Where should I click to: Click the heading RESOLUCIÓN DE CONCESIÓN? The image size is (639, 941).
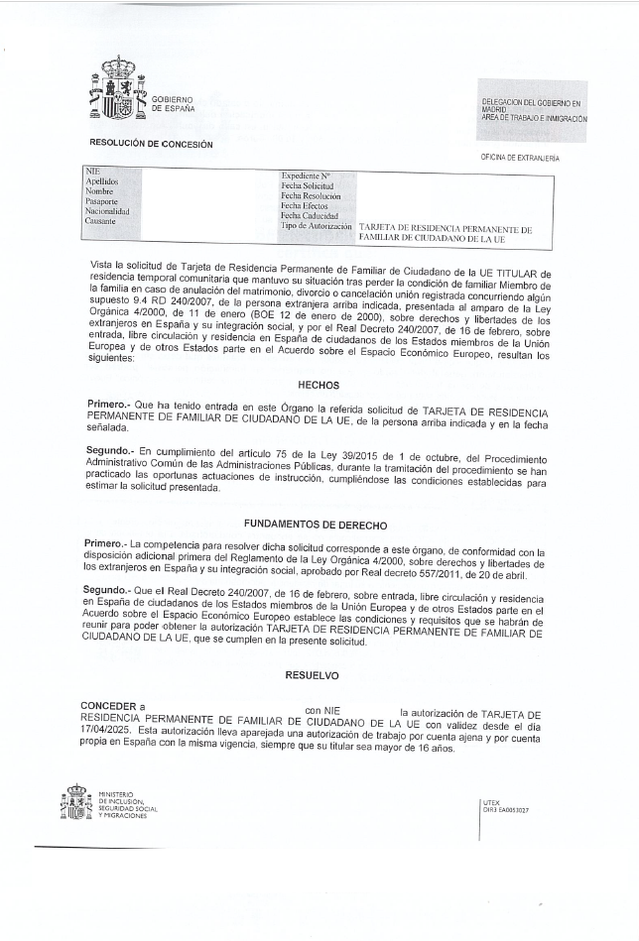151,144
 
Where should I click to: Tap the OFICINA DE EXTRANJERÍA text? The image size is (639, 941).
520,158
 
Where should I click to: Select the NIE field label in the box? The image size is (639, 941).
93,172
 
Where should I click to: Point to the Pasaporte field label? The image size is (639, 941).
103,201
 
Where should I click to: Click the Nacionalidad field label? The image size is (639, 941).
108,211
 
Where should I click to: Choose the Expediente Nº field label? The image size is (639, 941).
305,176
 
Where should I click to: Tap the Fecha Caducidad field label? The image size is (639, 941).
310,215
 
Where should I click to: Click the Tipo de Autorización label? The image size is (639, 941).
317,226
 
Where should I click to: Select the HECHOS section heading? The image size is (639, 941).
319,385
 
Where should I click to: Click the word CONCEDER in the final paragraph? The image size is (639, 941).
109,705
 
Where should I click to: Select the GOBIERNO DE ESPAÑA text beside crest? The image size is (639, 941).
173,103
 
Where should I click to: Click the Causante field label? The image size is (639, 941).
101,221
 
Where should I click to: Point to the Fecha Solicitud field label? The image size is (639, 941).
307,185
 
